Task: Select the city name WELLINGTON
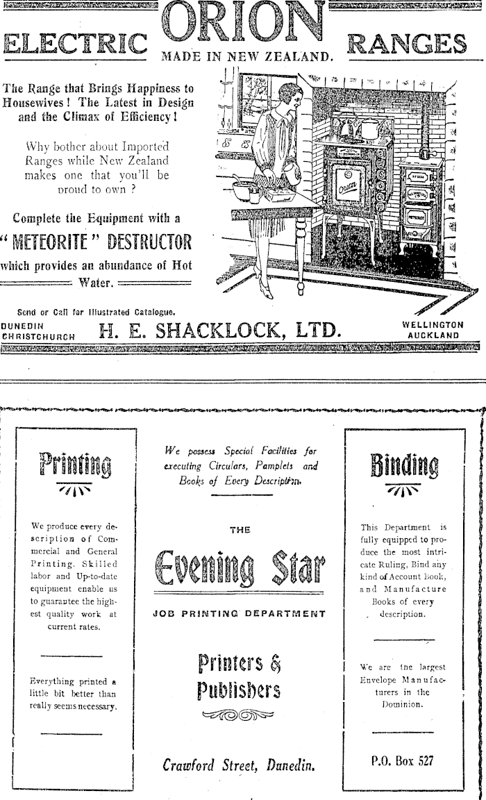point(433,324)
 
